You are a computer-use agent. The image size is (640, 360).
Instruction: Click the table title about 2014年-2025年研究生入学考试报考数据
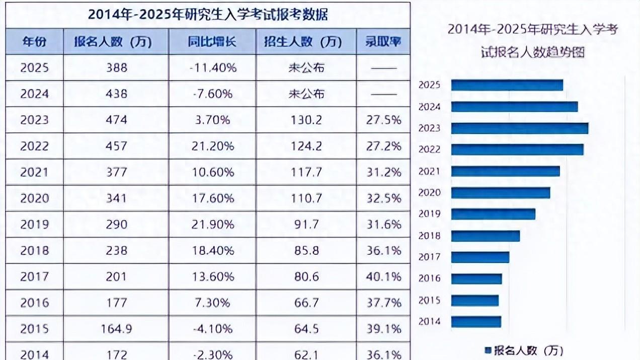[x=208, y=15]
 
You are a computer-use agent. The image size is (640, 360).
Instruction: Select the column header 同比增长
[x=212, y=42]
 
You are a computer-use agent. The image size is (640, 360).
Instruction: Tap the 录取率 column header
[x=383, y=42]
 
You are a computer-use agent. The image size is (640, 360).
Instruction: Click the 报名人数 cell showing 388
[x=116, y=67]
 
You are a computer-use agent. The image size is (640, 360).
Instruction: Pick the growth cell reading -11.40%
[x=212, y=67]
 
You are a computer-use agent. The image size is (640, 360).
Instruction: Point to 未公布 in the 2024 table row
[x=306, y=94]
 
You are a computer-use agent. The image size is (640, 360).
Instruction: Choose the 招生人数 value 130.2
[x=306, y=120]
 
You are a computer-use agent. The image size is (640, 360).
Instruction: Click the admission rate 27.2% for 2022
[x=383, y=146]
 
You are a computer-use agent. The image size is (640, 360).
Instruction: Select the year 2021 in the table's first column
[x=34, y=172]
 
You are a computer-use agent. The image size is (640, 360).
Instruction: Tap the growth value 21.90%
[x=212, y=224]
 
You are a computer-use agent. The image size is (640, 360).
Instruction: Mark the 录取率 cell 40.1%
[x=383, y=276]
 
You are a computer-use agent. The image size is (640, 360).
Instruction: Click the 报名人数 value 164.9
[x=116, y=329]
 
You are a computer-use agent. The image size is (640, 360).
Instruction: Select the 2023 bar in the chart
[x=519, y=128]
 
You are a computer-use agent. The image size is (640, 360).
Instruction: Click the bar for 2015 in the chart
[x=474, y=301]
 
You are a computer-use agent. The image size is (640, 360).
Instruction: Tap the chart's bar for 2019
[x=493, y=214]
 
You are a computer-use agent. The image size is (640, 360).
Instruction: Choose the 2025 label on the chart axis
[x=429, y=85]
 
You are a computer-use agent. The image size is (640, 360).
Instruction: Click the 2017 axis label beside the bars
[x=429, y=257]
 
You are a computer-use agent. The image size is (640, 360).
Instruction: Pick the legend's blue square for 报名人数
[x=487, y=350]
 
